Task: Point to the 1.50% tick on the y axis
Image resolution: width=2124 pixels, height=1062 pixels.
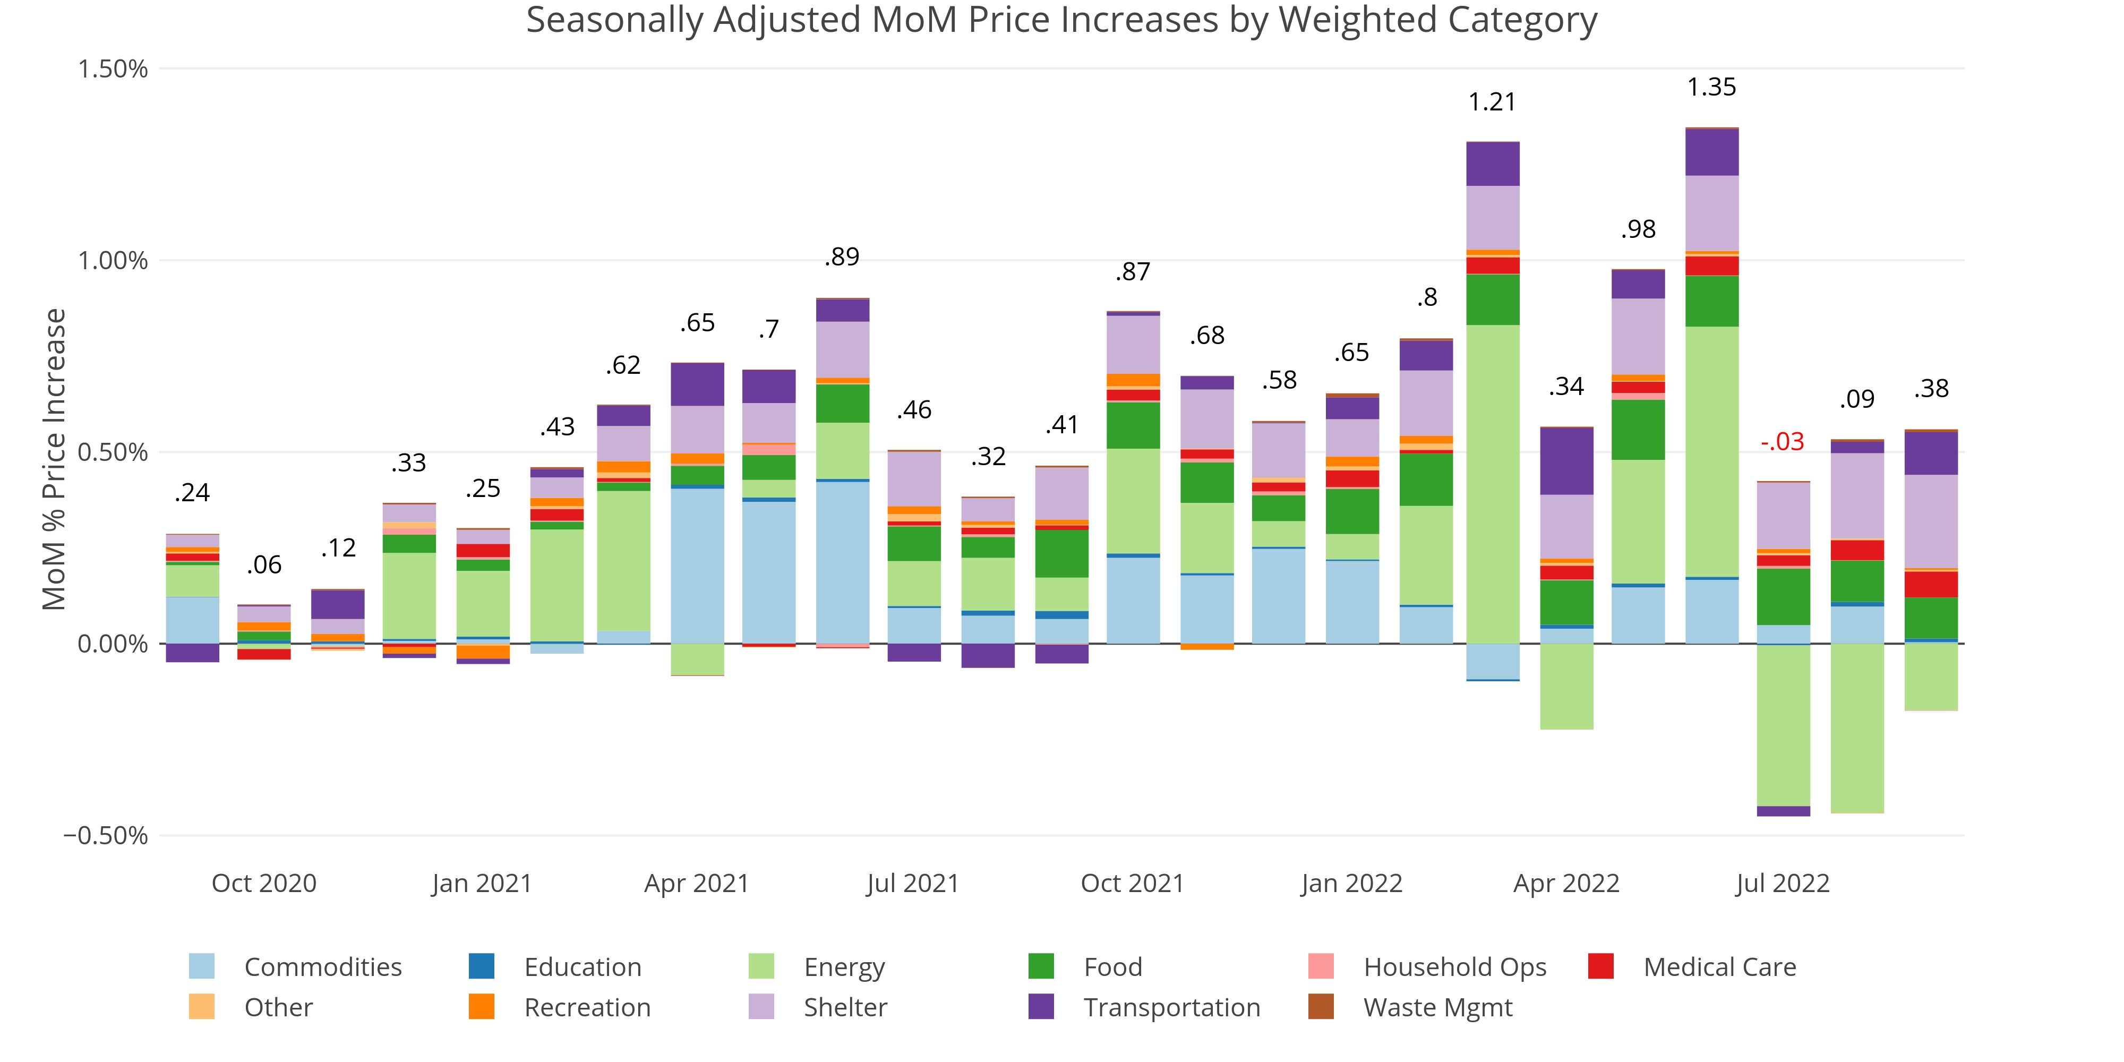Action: [x=113, y=68]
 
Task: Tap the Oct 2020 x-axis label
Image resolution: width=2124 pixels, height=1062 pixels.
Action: [x=264, y=883]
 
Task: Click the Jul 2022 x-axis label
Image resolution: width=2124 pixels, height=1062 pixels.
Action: [x=1783, y=883]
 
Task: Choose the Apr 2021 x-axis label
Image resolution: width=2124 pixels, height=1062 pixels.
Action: [x=697, y=883]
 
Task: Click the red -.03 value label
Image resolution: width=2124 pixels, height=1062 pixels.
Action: [x=1783, y=441]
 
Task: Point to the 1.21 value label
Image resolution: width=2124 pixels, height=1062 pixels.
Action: [x=1493, y=102]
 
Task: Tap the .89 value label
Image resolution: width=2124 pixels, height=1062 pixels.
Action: [x=842, y=256]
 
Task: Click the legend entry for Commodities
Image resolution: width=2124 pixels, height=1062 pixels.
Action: [x=322, y=966]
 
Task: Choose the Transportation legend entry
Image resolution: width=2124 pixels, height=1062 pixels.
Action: [x=1171, y=1008]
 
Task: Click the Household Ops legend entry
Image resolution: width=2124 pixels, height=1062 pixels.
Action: [x=1454, y=966]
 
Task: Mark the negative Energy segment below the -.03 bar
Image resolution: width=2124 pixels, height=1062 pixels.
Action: [x=1784, y=725]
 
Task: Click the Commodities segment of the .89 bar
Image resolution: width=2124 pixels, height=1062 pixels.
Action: [x=843, y=561]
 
